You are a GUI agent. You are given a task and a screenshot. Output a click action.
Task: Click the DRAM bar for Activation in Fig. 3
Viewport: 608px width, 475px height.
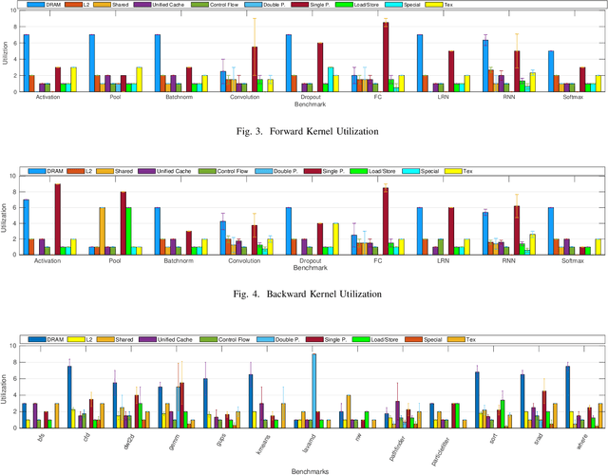click(26, 63)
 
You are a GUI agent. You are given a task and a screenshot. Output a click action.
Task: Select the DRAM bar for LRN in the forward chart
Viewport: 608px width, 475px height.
click(419, 63)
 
